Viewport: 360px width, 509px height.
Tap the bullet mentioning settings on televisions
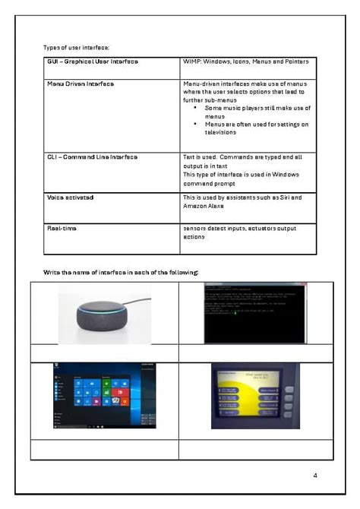(257, 128)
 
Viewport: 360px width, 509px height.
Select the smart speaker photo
(104, 313)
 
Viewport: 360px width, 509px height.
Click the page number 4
(314, 475)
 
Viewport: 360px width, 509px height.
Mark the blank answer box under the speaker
(104, 353)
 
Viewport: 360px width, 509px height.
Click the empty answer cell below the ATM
(255, 449)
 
